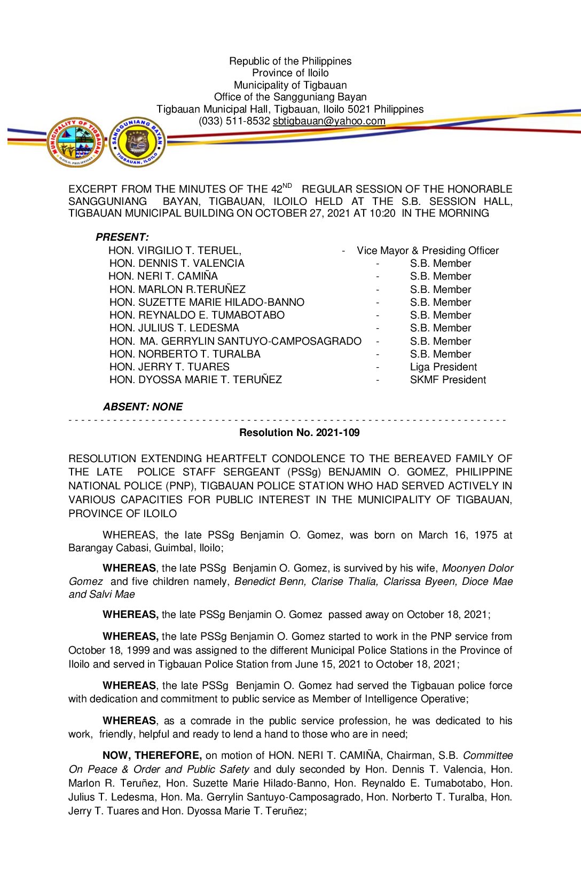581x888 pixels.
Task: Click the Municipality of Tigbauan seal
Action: pos(76,142)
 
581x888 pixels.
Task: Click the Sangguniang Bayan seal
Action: pos(137,142)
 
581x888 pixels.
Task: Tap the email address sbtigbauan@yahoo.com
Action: pos(329,121)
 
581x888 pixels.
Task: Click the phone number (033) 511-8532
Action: pos(234,121)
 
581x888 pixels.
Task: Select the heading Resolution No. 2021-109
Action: pos(299,433)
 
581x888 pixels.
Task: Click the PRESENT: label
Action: pos(122,237)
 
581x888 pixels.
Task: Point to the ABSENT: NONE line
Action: pos(143,407)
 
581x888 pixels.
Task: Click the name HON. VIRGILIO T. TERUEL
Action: pos(175,250)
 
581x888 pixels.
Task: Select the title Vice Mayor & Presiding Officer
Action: pos(428,250)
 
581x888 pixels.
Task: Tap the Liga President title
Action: pos(443,367)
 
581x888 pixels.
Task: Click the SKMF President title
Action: pos(448,380)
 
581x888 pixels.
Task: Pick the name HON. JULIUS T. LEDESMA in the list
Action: pos(174,328)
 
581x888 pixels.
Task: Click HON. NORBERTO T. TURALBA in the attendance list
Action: pos(185,354)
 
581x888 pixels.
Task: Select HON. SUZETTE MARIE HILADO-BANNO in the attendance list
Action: pos(207,303)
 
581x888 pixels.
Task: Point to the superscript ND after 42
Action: pos(287,186)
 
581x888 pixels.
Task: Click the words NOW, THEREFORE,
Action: pos(152,756)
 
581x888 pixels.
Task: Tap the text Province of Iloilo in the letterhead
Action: pos(290,73)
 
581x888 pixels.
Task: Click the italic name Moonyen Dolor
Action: pos(477,568)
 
